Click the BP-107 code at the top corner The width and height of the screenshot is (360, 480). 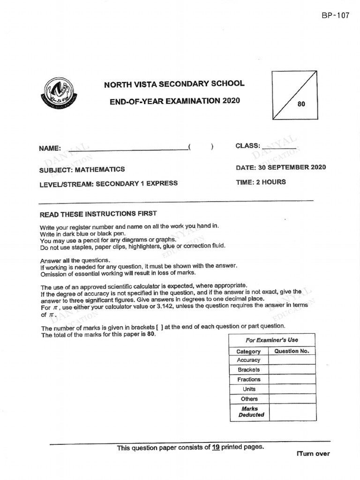[x=335, y=15]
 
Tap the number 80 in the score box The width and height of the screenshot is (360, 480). [x=301, y=104]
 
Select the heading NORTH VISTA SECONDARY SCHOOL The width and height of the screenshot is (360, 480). [x=174, y=84]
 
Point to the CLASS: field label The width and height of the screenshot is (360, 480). [x=248, y=146]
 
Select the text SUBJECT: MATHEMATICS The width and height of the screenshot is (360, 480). [x=82, y=170]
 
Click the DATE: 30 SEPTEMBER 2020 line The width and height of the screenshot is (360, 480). [x=281, y=167]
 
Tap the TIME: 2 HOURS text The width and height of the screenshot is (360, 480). [x=261, y=182]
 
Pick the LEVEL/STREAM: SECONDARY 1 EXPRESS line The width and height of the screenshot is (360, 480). [x=108, y=183]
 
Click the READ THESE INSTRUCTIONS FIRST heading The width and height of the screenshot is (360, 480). [x=98, y=214]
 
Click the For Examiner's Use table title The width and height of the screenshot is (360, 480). [x=272, y=340]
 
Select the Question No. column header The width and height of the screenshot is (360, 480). [x=292, y=351]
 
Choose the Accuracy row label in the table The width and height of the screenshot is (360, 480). [x=248, y=360]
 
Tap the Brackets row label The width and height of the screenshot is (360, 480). [x=248, y=370]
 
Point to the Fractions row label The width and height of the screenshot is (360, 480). [x=248, y=379]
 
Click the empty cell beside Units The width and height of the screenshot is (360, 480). [x=292, y=389]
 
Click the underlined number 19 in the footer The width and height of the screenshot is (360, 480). [x=216, y=447]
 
